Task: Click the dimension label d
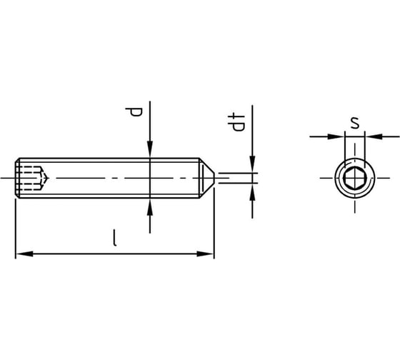[134, 112]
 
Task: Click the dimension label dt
[236, 121]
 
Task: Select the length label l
[115, 238]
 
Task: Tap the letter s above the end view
[354, 123]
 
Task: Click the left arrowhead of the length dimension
[24, 254]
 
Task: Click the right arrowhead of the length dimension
[205, 254]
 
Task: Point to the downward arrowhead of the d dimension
[150, 149]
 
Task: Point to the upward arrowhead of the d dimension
[150, 207]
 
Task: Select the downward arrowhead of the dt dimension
[252, 164]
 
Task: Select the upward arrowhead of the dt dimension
[252, 192]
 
